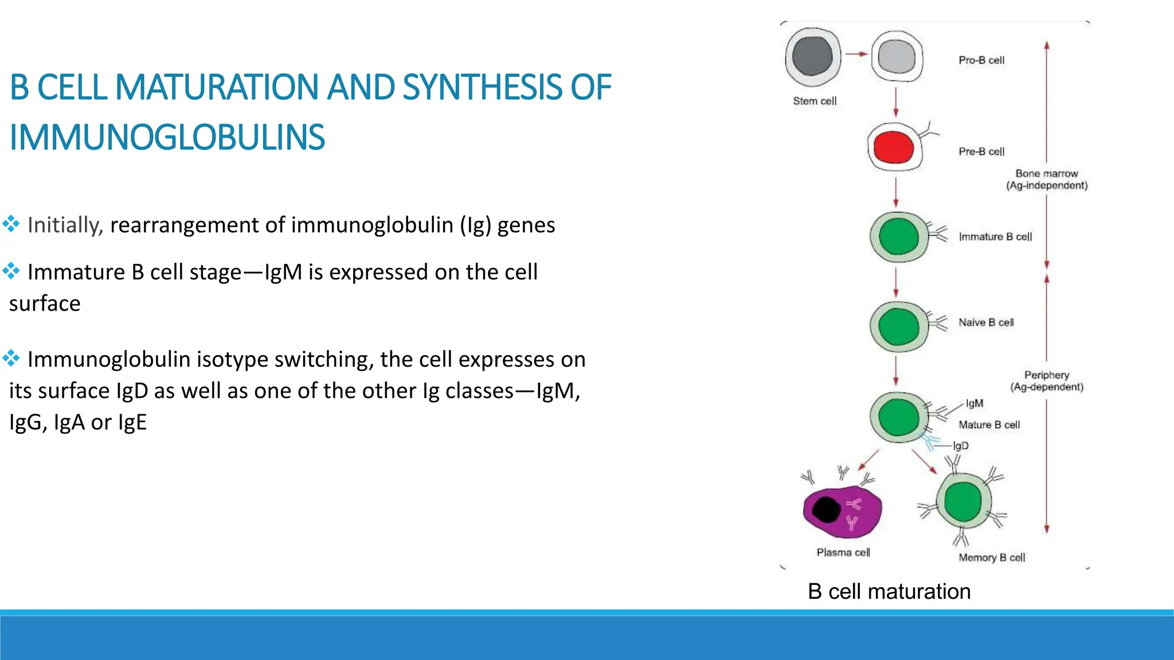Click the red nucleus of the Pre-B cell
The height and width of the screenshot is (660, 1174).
click(894, 147)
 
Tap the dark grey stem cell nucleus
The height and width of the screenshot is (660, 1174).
click(812, 56)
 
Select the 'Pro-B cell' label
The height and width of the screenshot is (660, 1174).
click(981, 60)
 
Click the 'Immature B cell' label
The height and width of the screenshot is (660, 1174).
click(995, 237)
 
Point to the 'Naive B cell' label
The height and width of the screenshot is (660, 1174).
click(986, 323)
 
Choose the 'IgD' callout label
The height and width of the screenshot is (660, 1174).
click(961, 446)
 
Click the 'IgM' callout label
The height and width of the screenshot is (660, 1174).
click(975, 403)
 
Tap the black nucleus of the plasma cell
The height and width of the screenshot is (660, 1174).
click(826, 509)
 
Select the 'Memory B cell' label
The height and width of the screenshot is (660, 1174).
click(992, 557)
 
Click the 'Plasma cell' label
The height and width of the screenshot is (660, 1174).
click(843, 552)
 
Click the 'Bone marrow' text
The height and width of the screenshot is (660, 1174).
click(1047, 173)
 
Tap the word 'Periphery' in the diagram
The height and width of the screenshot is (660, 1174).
click(1047, 375)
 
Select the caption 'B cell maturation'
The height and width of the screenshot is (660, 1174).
click(889, 591)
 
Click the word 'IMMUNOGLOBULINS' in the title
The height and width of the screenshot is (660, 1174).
click(167, 137)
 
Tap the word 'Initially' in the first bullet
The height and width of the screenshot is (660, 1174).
click(64, 225)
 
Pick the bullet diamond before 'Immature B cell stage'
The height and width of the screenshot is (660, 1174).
click(11, 270)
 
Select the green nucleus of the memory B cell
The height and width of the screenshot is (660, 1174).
click(963, 502)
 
